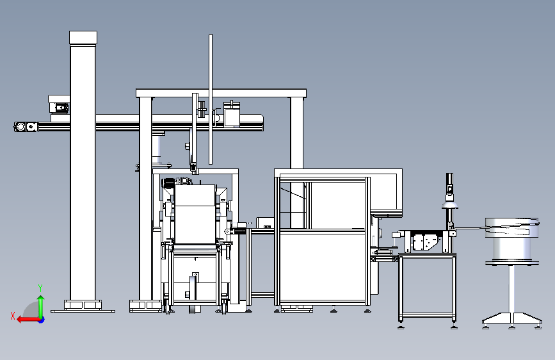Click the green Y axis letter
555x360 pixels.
pos(40,288)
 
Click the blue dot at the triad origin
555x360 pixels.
pos(41,319)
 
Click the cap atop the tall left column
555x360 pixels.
pos(83,38)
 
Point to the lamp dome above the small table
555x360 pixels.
pos(450,204)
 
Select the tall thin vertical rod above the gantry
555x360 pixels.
pos(211,96)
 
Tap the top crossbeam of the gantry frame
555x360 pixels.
pos(221,93)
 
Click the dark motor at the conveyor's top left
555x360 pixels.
pos(168,183)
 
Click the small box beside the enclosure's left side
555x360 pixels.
pos(265,223)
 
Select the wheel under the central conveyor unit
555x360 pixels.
pos(193,294)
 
